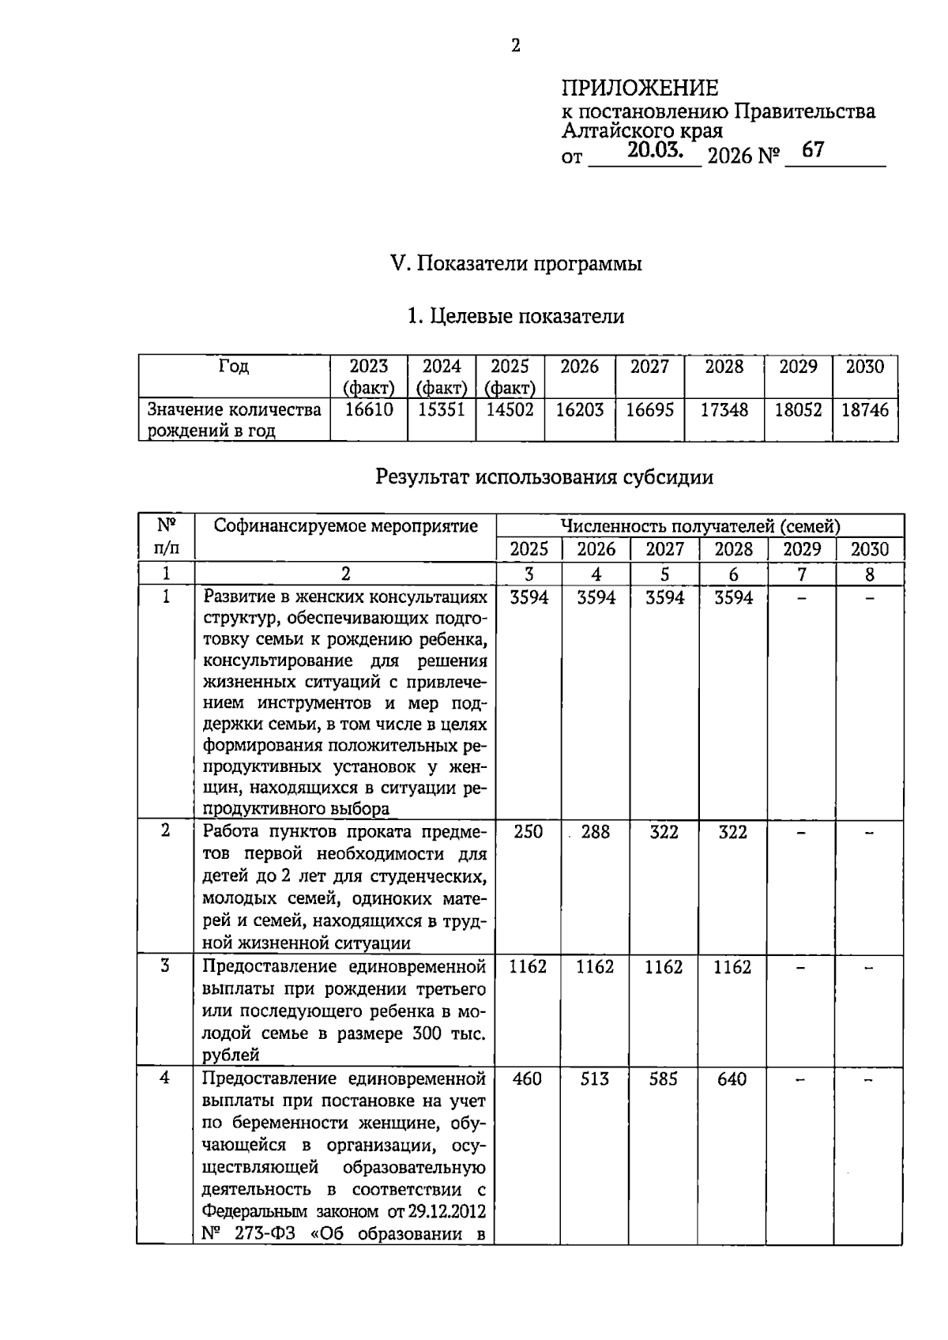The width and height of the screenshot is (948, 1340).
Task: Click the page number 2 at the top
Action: pos(515,46)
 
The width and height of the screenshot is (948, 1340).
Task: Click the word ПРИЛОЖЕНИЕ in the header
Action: pos(640,87)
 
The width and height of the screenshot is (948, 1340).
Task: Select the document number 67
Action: pos(812,150)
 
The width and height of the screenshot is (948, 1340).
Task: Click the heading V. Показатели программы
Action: pos(517,263)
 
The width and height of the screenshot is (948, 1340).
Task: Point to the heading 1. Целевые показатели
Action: pos(515,317)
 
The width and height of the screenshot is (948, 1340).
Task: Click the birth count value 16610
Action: pos(369,409)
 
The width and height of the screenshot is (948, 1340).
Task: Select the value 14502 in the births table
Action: pos(510,409)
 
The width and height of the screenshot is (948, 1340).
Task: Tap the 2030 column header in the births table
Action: pos(865,367)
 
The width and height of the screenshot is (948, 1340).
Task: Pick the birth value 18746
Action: pos(865,409)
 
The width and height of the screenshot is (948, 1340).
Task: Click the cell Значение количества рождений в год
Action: pos(235,420)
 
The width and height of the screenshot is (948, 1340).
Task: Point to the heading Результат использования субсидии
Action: pos(544,477)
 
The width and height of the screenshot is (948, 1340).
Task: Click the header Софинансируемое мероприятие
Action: pos(346,526)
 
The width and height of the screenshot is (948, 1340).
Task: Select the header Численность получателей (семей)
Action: pos(700,526)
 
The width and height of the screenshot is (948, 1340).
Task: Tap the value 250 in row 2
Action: pos(528,831)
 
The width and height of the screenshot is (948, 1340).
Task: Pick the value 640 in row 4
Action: pos(732,1078)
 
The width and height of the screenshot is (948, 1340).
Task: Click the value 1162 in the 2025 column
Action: pos(528,966)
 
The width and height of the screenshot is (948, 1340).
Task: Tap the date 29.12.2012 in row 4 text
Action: pos(447,1211)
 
